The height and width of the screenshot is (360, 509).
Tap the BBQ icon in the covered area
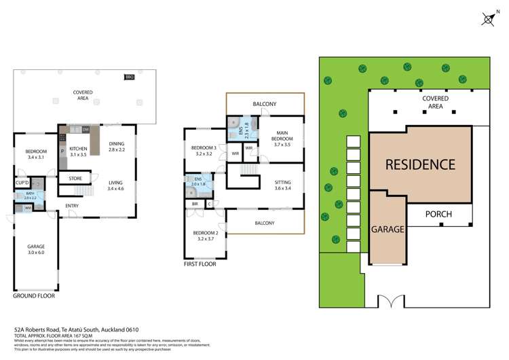pos(130,77)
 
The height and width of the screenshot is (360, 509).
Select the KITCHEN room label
pos(79,152)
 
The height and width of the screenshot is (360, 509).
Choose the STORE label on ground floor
pos(75,179)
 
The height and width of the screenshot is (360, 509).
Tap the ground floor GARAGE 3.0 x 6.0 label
pos(35,249)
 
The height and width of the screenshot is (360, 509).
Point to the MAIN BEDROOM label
pos(282,137)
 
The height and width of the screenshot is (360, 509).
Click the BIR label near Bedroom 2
pos(195,204)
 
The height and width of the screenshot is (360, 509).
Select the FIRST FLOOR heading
pos(200,264)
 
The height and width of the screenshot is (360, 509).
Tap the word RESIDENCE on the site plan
pos(420,164)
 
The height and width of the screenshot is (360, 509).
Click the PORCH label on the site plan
pos(438,215)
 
